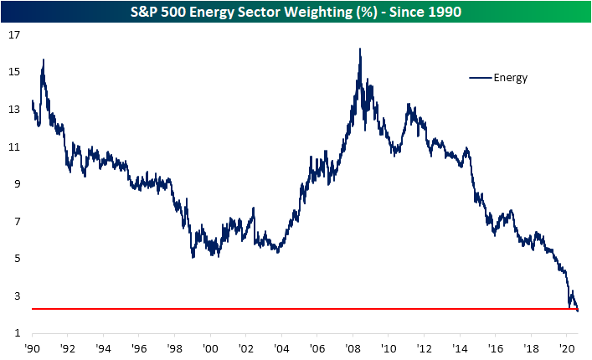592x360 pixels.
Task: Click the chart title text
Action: click(296, 11)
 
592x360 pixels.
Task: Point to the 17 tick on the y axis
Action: click(14, 35)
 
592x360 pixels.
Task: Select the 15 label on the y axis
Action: click(14, 72)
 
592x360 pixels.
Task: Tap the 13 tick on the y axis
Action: click(14, 110)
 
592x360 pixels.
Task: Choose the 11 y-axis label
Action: click(14, 147)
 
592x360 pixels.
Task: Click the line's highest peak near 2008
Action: click(359, 49)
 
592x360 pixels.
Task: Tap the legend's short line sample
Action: click(480, 78)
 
